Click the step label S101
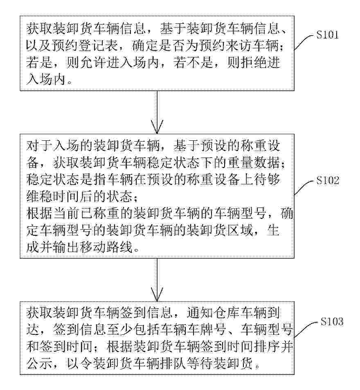[327, 35]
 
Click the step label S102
[328, 180]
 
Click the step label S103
[332, 322]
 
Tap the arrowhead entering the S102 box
[157, 127]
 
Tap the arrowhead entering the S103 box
[157, 295]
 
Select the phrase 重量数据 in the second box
[254, 163]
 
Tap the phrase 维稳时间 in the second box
[53, 196]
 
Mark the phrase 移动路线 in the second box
[106, 247]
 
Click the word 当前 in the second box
[66, 213]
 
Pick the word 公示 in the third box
[40, 363]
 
